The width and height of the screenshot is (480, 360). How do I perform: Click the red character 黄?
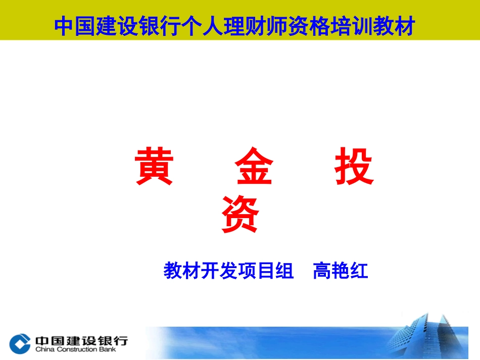pyautogui.click(x=154, y=167)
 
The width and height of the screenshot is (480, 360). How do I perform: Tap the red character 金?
pyautogui.click(x=254, y=167)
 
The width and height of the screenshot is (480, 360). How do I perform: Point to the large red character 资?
pyautogui.click(x=241, y=214)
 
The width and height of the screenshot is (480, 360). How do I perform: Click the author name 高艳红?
pyautogui.click(x=341, y=271)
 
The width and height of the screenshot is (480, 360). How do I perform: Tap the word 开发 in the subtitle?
pyautogui.click(x=229, y=271)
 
